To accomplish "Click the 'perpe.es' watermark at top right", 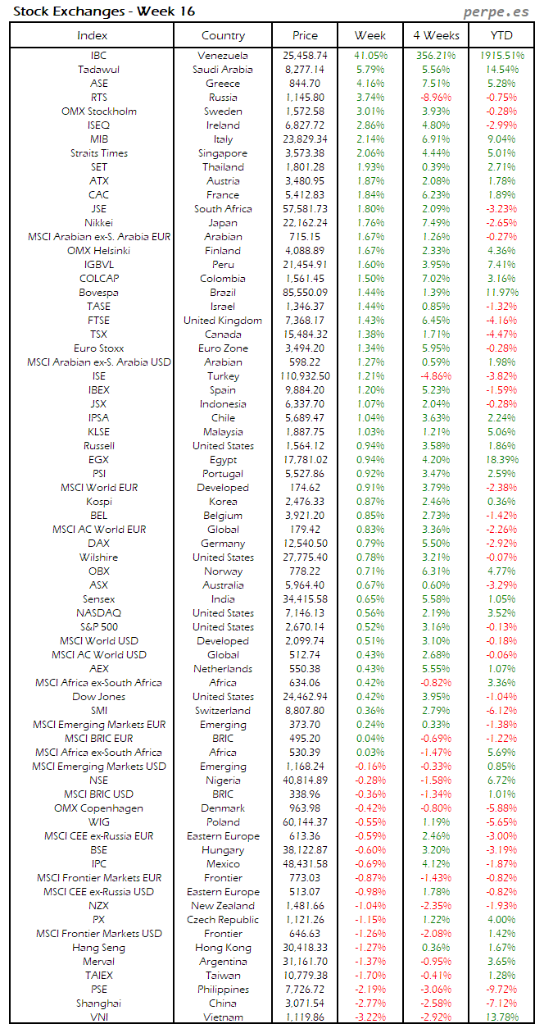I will pyautogui.click(x=496, y=11).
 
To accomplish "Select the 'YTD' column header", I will pyautogui.click(x=501, y=35).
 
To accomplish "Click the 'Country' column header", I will pyautogui.click(x=223, y=35).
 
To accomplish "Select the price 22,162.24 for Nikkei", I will pyautogui.click(x=305, y=223).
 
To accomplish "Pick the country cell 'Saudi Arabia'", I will pyautogui.click(x=223, y=70).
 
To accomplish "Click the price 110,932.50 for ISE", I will pyautogui.click(x=305, y=376).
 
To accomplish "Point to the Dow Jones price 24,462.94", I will pyautogui.click(x=305, y=697).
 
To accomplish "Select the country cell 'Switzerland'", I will pyautogui.click(x=223, y=711).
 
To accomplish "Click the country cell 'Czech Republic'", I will pyautogui.click(x=223, y=920).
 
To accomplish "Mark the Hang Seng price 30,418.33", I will pyautogui.click(x=305, y=948).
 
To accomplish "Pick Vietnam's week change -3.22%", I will pyautogui.click(x=370, y=1017).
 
